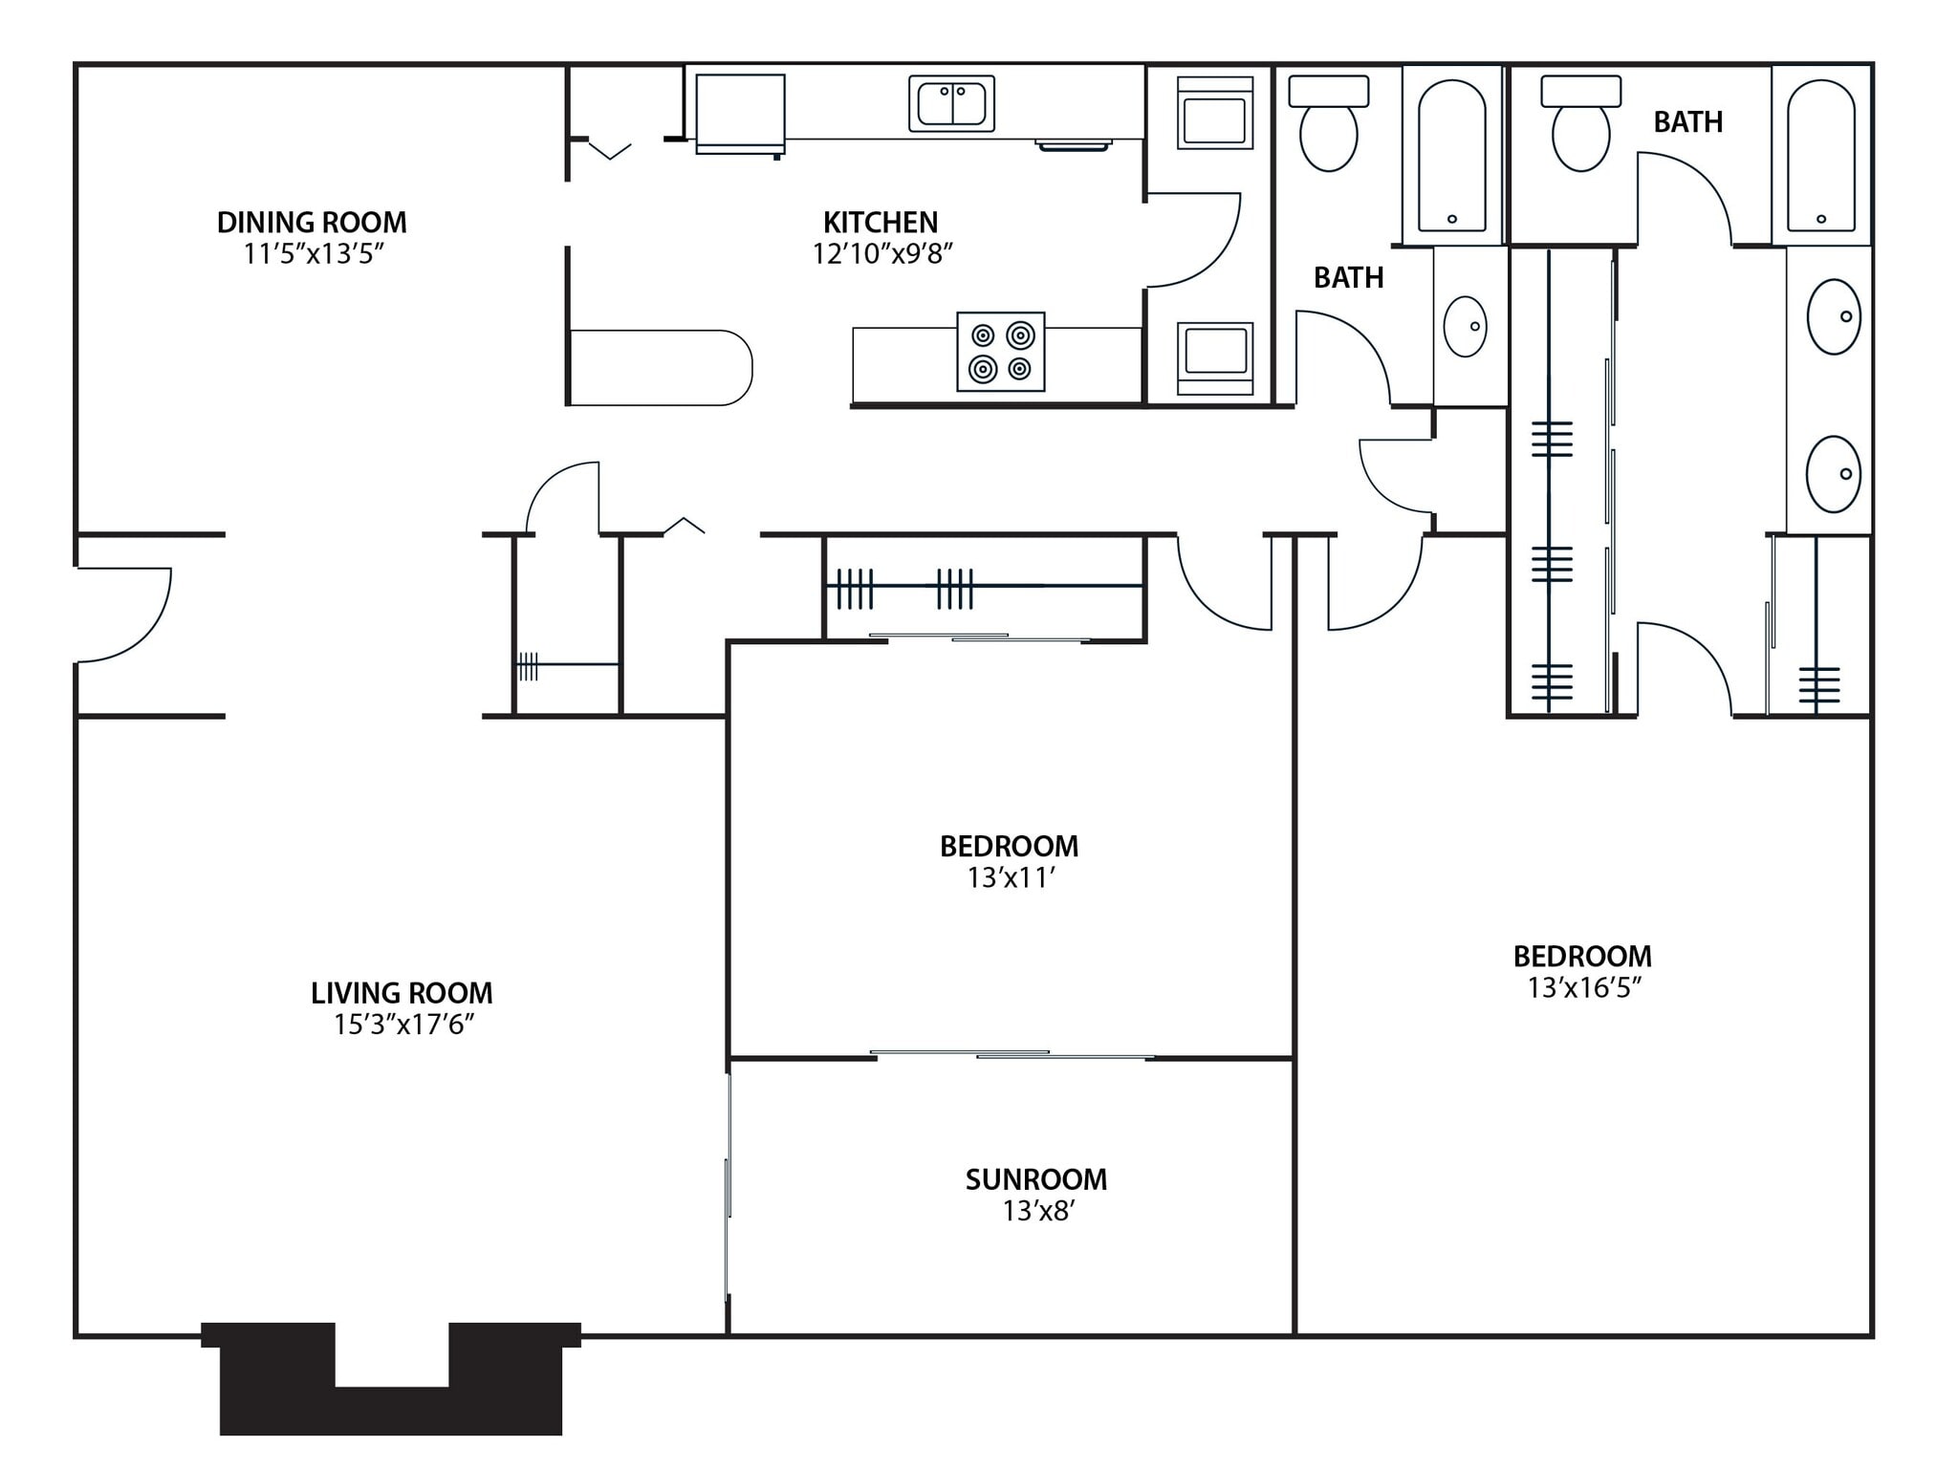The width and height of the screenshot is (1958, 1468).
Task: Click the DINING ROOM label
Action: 312,223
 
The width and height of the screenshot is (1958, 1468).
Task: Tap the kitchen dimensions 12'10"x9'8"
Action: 882,254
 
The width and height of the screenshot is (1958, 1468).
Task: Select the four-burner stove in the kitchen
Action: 1000,352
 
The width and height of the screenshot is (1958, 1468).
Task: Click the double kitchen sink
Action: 951,103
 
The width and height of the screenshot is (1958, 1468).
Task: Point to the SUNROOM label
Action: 1036,1179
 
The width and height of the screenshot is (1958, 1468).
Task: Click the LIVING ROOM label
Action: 402,993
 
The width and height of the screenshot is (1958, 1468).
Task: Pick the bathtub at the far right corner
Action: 1820,155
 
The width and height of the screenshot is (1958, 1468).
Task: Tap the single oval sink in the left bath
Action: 1465,327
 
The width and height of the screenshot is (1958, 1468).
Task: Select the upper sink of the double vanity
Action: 1833,316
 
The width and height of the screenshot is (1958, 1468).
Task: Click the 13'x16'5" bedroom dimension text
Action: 1583,988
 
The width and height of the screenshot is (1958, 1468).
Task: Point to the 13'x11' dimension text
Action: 1010,878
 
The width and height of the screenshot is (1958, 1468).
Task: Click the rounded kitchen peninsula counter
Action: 661,368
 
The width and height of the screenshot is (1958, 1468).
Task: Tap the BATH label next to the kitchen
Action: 1348,278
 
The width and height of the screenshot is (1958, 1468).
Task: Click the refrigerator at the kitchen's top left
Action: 740,113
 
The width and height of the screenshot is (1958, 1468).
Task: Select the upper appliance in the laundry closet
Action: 1214,113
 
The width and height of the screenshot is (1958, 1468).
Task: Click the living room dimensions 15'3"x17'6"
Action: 403,1025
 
